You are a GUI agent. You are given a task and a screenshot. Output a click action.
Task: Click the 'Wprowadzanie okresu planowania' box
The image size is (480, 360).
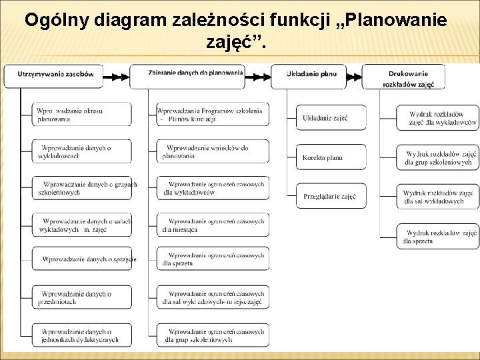point(81,113)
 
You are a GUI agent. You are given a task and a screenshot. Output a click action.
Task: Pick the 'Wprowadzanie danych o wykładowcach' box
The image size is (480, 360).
point(81,151)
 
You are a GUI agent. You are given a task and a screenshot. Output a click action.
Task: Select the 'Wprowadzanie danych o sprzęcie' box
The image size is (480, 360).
point(81,258)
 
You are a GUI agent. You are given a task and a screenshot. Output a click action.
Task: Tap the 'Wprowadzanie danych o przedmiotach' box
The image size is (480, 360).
point(81,297)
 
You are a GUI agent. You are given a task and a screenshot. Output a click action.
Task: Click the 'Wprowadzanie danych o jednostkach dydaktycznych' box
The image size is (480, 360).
point(81,335)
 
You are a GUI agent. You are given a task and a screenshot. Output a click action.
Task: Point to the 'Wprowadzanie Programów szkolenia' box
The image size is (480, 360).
point(213,113)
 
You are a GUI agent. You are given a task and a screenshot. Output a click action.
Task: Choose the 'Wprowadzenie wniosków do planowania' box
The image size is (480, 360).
point(213,151)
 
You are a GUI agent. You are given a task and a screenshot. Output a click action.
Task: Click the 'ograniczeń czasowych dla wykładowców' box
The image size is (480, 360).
point(213,187)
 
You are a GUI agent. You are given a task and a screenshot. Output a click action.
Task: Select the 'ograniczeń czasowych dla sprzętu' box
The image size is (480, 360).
point(213,259)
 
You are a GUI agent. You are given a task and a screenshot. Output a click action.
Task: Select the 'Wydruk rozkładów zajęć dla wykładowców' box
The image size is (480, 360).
point(437,118)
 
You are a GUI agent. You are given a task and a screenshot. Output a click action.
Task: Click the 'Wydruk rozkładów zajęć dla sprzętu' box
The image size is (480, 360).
point(437,236)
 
